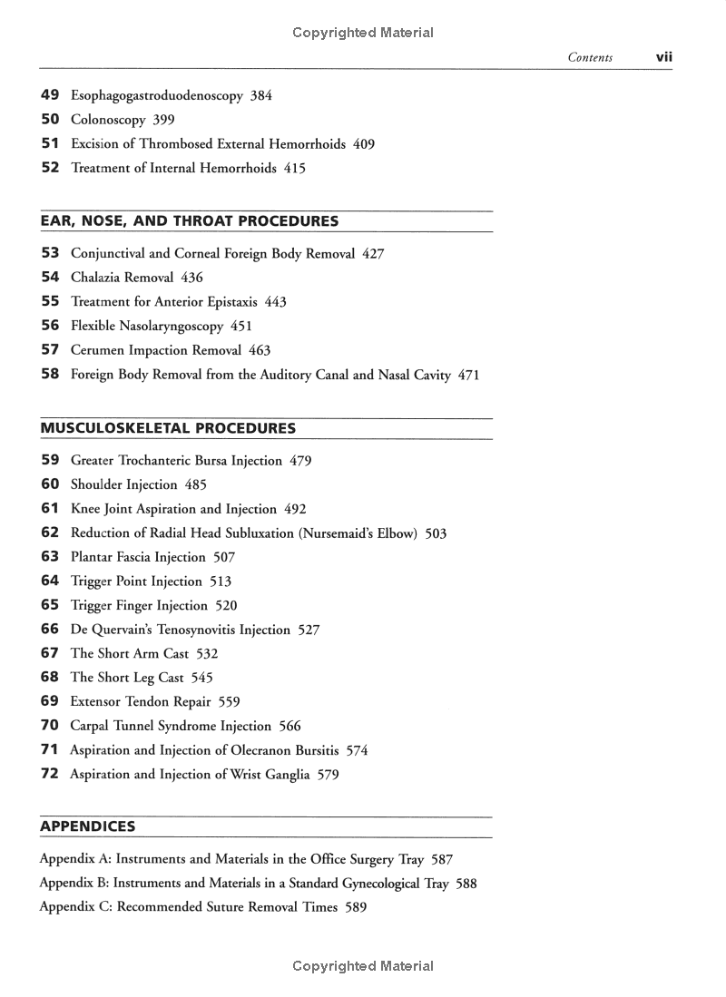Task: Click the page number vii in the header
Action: [663, 57]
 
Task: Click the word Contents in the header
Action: [590, 58]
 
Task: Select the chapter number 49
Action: [50, 95]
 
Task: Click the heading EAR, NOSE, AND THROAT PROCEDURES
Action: [190, 221]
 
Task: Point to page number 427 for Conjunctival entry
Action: [373, 254]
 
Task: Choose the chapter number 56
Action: [50, 326]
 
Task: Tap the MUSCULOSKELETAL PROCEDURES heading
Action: [168, 428]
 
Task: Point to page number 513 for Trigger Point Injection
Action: [221, 582]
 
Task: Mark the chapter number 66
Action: [50, 630]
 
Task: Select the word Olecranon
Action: [257, 750]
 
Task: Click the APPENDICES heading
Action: [88, 826]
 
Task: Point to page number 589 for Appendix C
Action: [356, 906]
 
